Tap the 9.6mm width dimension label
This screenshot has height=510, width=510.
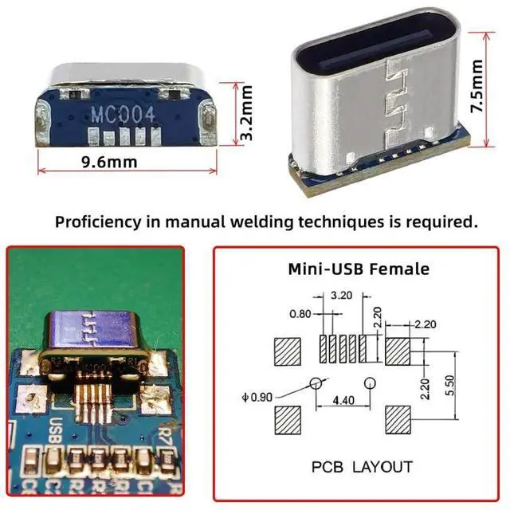pos(109,163)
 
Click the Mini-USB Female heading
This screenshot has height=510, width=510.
pos(358,269)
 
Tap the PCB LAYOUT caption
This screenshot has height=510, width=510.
pos(361,467)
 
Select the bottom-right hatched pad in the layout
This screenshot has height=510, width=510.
pos(398,418)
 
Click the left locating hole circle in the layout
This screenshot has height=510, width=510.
pos(316,382)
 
